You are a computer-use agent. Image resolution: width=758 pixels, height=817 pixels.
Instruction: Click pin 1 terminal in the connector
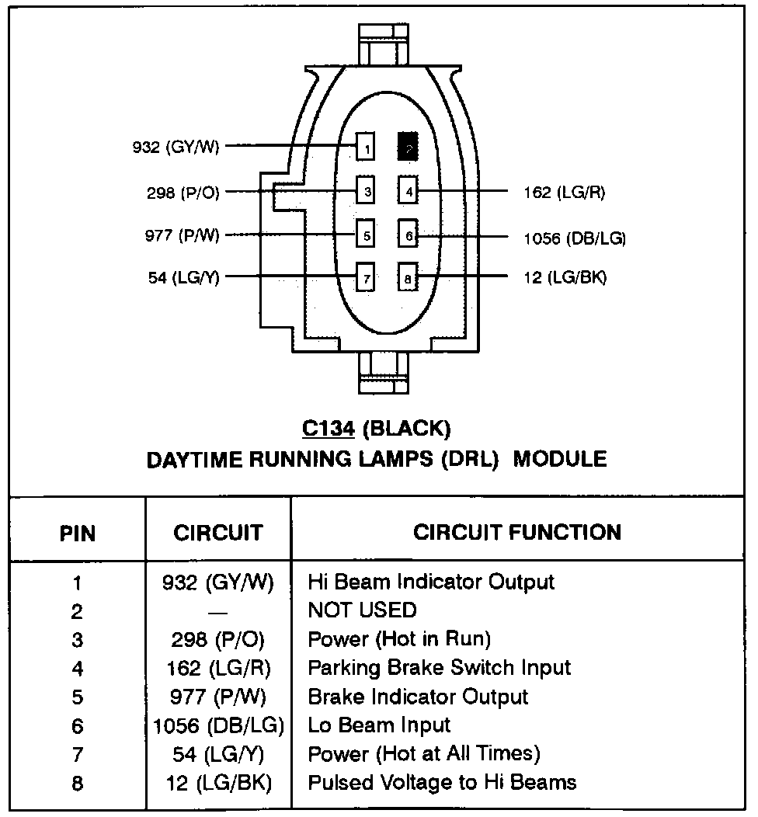(x=366, y=147)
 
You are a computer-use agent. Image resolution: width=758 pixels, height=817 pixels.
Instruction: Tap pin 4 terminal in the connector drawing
(x=409, y=190)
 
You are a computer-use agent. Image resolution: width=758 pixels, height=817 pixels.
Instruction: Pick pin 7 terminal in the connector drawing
(x=366, y=276)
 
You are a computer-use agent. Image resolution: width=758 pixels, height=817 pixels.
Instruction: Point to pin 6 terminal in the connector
(x=409, y=234)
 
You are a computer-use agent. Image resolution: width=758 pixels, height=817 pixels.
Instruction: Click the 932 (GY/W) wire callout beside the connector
(x=176, y=147)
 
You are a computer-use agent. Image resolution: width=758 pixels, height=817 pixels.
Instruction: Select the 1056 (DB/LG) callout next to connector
(x=575, y=238)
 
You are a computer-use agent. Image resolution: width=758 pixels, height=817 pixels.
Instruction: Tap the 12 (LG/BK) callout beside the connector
(x=565, y=277)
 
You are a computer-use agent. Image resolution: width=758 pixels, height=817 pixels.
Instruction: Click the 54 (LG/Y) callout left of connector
(x=183, y=277)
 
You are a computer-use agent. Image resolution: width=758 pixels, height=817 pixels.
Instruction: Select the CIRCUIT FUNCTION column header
(x=516, y=533)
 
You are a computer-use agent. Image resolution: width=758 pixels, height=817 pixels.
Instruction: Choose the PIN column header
(x=77, y=534)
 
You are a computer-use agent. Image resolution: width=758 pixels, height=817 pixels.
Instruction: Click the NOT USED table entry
(x=362, y=610)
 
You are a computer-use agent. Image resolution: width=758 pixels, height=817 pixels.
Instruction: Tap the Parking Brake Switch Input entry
(x=439, y=668)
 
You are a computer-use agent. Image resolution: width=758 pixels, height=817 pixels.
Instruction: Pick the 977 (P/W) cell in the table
(x=218, y=697)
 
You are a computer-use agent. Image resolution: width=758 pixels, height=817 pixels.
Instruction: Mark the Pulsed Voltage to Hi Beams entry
(x=442, y=782)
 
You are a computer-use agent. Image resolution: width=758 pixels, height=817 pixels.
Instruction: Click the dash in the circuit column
(x=218, y=611)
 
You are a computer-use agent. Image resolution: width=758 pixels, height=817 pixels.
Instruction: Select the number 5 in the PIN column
(x=77, y=697)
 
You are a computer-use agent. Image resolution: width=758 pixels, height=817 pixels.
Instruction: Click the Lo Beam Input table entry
(x=379, y=725)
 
